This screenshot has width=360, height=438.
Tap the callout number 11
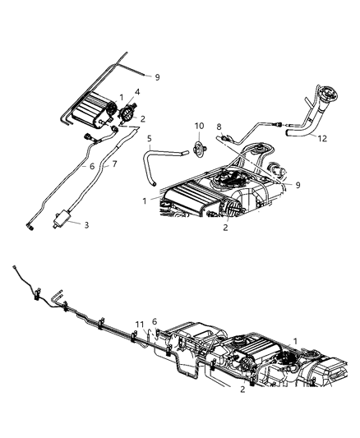pyautogui.click(x=140, y=324)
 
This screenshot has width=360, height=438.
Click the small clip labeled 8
pyautogui.click(x=224, y=138)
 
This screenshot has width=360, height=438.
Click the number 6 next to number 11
pyautogui.click(x=154, y=322)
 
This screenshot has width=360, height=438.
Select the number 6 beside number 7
pyautogui.click(x=91, y=166)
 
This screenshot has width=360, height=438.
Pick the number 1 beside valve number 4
pyautogui.click(x=121, y=97)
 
